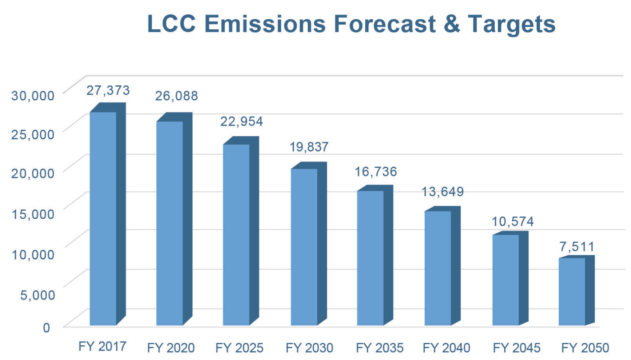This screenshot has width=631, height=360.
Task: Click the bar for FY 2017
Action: point(103,218)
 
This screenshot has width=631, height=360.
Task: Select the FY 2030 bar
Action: point(304,247)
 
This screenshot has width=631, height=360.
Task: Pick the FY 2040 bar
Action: point(438,268)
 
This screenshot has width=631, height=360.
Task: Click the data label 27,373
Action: point(108,90)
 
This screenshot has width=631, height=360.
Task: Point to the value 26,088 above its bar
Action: point(176,96)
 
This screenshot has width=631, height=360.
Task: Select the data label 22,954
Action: point(241,121)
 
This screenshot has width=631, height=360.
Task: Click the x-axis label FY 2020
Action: point(171,348)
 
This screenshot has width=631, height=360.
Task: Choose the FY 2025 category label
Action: point(239,348)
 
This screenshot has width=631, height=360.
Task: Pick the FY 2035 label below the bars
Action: point(380,348)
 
